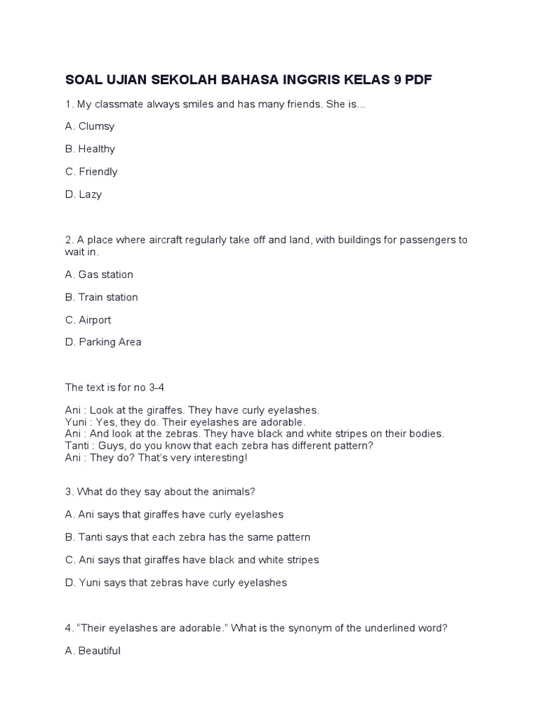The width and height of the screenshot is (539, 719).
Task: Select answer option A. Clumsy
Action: (90, 126)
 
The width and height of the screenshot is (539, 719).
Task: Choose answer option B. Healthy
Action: (90, 149)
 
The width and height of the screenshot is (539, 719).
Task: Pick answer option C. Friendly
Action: (91, 171)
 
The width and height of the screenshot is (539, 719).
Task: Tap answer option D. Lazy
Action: (84, 194)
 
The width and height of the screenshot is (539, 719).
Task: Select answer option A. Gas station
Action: (99, 275)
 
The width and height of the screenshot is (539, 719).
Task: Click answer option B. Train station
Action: (102, 297)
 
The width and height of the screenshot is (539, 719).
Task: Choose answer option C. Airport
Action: (88, 319)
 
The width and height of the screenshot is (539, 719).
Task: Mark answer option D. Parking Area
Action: (103, 342)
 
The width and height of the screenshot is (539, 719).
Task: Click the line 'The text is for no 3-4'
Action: (115, 387)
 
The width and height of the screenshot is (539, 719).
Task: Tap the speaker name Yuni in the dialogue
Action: (76, 422)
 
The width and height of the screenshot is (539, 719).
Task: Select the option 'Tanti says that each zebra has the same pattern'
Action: (187, 537)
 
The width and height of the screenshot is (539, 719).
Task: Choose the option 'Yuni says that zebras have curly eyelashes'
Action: (176, 583)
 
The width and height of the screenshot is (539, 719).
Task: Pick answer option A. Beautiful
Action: (93, 651)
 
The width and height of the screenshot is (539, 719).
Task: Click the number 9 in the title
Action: (398, 80)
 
